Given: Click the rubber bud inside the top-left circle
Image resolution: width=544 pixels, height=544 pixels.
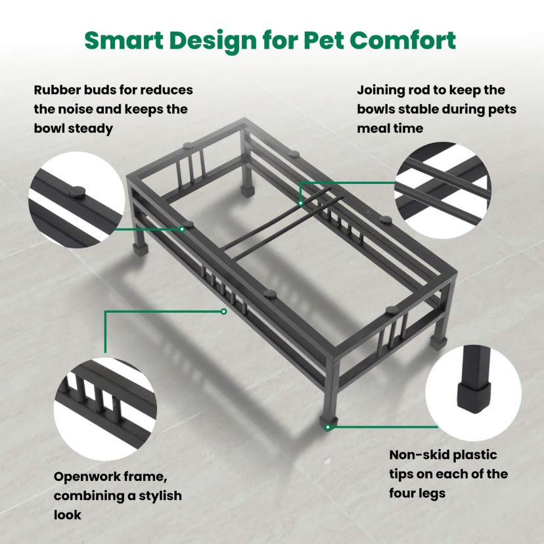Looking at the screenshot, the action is [x=76, y=191].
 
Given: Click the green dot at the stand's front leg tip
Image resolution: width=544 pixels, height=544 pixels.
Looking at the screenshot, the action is [x=328, y=428].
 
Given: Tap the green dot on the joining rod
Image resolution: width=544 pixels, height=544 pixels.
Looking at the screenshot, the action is [x=301, y=202].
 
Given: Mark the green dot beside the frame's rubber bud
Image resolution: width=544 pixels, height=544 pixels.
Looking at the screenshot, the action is [x=182, y=229].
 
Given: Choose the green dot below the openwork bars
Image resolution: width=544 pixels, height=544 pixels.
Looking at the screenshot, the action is [x=224, y=311].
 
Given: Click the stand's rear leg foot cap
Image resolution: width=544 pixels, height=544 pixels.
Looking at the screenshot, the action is [x=248, y=191].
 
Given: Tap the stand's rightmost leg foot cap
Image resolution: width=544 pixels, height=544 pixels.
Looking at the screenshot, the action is [x=436, y=342].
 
